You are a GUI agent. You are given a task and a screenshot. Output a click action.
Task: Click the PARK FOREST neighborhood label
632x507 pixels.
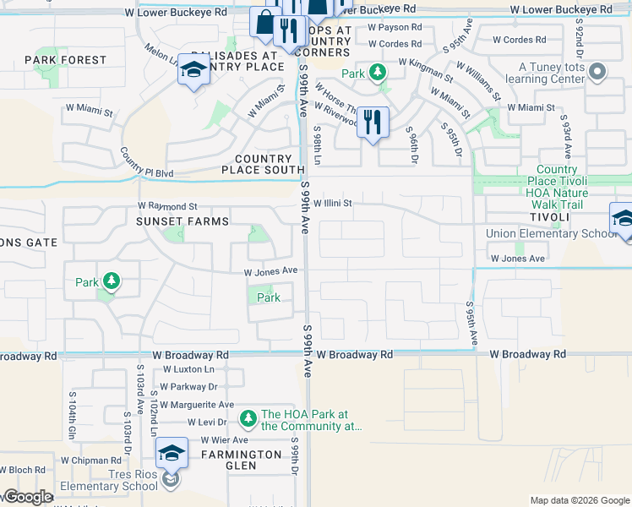(x=66, y=60)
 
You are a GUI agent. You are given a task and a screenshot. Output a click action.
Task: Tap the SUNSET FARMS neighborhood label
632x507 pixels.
(x=183, y=221)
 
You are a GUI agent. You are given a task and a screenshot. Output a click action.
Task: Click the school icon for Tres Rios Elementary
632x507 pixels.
(x=172, y=453)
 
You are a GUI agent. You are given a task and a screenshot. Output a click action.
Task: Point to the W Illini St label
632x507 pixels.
(x=332, y=204)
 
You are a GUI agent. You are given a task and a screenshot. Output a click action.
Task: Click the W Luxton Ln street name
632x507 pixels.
(x=188, y=369)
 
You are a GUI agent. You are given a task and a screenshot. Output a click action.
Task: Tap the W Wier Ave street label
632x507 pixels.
(x=217, y=440)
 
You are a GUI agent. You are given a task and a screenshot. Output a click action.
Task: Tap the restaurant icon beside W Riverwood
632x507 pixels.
(x=372, y=122)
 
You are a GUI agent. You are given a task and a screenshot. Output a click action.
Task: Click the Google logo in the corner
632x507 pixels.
(x=27, y=497)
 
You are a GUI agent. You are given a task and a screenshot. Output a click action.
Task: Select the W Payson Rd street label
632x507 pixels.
(x=395, y=27)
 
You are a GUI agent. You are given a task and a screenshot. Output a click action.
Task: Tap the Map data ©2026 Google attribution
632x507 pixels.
(x=579, y=500)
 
